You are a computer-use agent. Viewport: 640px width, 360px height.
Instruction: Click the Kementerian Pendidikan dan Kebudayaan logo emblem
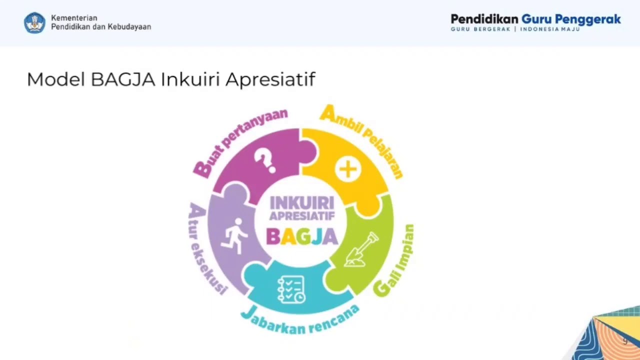[x=34, y=23]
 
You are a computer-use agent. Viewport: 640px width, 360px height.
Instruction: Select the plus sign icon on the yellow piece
[x=348, y=169]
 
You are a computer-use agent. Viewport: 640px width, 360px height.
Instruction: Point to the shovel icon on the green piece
[x=361, y=249]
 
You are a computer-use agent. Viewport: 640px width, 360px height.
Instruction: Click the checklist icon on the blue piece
[x=291, y=289]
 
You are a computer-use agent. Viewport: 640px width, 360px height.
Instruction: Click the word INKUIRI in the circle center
[x=301, y=203]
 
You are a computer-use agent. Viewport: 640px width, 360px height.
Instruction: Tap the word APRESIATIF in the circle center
[x=301, y=216]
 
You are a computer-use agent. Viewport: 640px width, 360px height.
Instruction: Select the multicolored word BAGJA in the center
[x=301, y=236]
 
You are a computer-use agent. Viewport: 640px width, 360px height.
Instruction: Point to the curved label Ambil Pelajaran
[x=361, y=137]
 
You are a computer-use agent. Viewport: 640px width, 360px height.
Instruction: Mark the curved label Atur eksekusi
[x=205, y=248]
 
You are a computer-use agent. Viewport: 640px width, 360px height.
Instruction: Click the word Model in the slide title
[x=55, y=79]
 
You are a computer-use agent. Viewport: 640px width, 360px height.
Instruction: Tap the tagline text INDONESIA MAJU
[x=550, y=29]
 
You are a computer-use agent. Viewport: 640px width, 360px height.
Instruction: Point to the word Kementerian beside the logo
[x=74, y=18]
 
